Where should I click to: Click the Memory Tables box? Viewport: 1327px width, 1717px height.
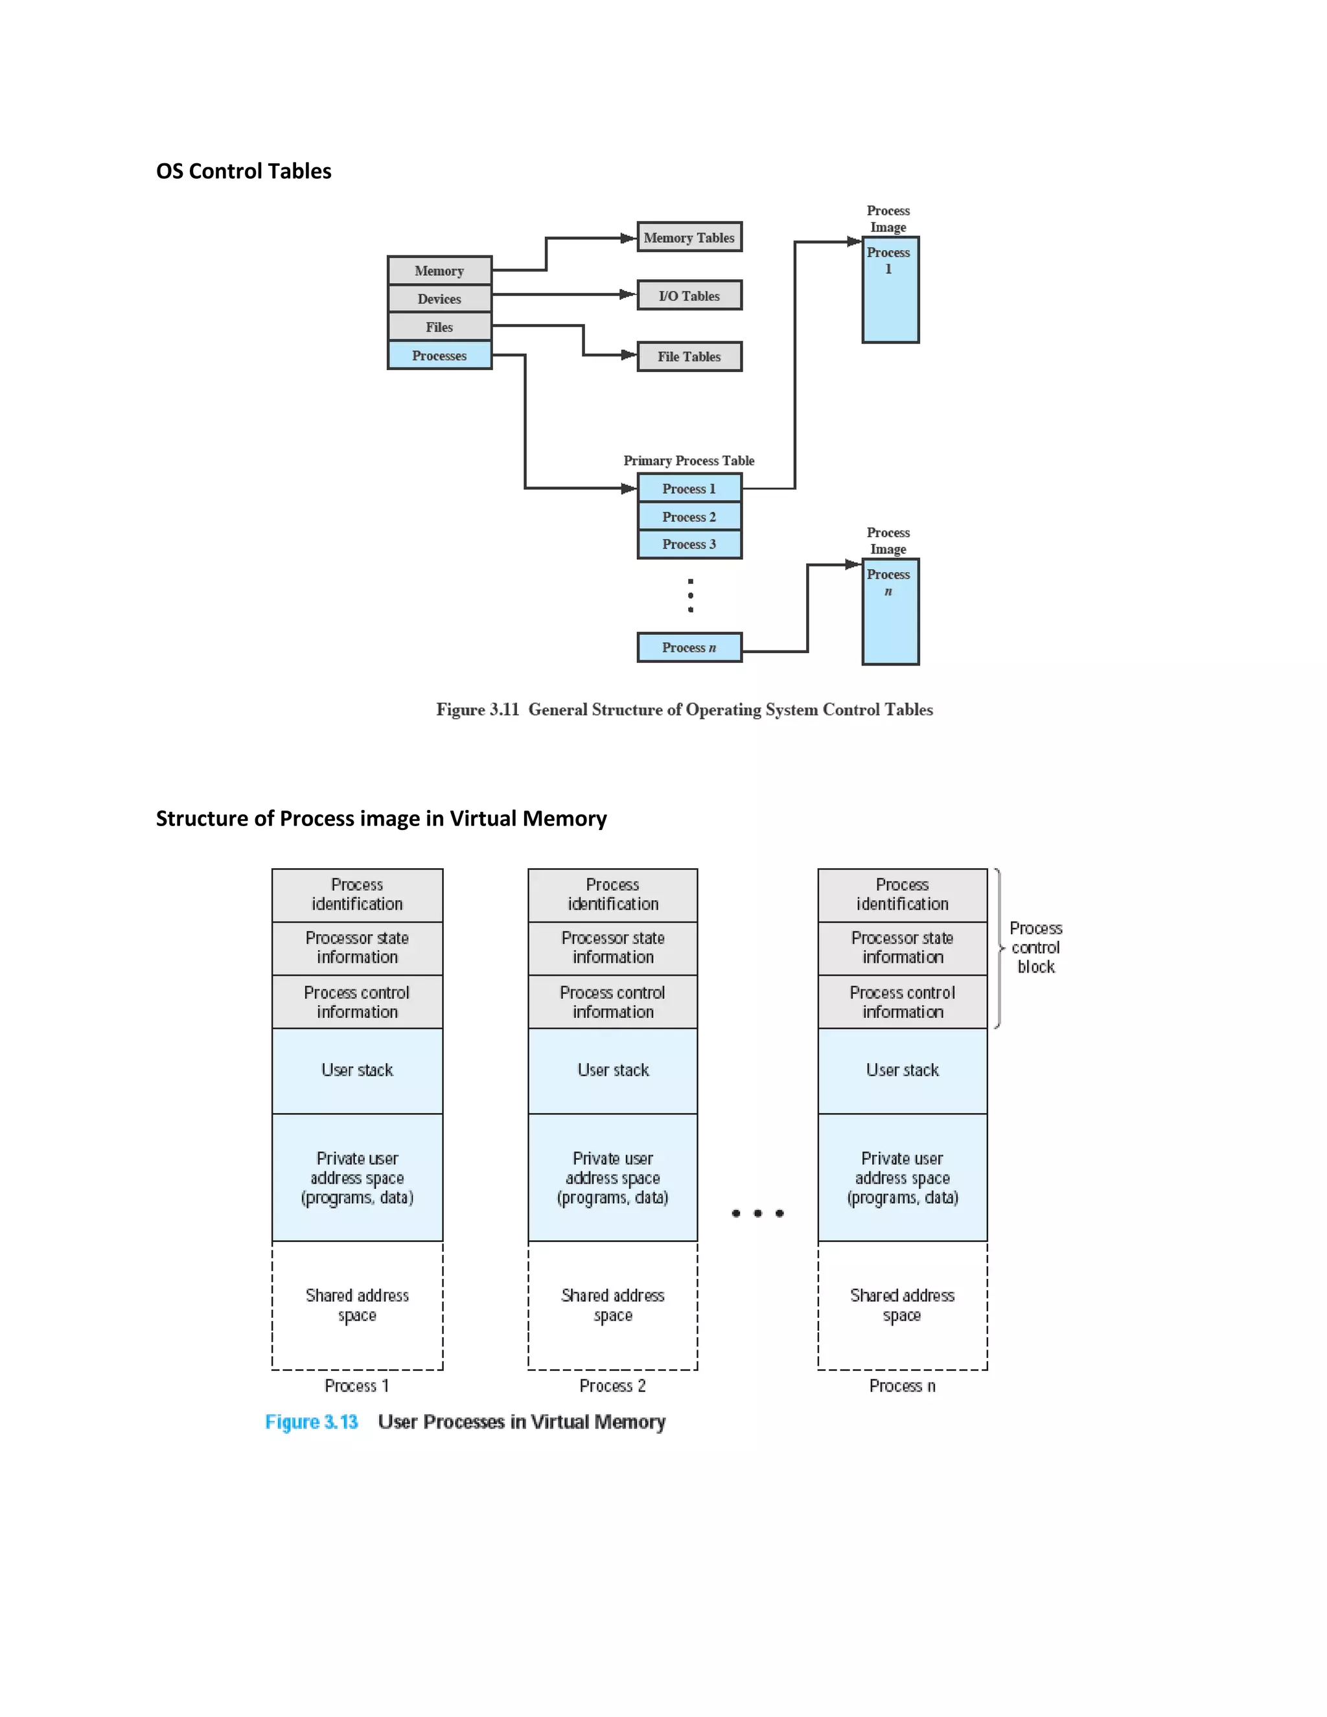click(x=689, y=236)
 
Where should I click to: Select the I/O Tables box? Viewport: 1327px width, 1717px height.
click(x=689, y=295)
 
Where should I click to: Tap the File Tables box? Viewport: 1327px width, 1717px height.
click(x=689, y=356)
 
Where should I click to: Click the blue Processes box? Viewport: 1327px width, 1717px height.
click(x=439, y=355)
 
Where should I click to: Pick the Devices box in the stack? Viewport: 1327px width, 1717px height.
click(x=439, y=299)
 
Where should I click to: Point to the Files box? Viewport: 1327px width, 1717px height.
click(x=439, y=327)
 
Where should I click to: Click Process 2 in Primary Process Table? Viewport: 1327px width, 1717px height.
click(x=689, y=516)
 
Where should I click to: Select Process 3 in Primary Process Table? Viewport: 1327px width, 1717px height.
click(x=689, y=544)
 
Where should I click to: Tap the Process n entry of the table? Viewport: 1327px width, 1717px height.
click(x=689, y=648)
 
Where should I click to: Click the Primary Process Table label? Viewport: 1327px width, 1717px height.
click(x=689, y=461)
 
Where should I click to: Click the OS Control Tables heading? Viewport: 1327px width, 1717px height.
click(x=244, y=172)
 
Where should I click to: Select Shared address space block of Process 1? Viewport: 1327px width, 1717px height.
click(x=357, y=1305)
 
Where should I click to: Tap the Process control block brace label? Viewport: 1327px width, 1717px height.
click(x=1035, y=947)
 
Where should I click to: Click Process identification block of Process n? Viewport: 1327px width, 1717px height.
click(x=902, y=895)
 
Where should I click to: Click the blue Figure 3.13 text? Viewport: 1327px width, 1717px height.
click(x=311, y=1422)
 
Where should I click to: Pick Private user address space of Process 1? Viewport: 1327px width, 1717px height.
click(x=357, y=1178)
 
